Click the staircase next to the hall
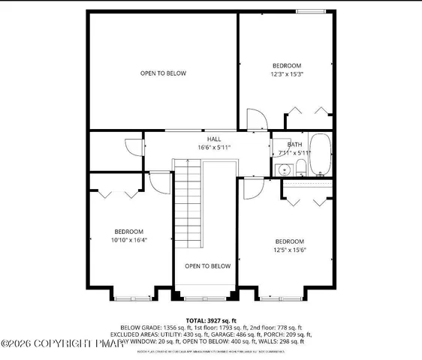pyautogui.click(x=188, y=206)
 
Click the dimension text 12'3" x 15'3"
pyautogui.click(x=287, y=74)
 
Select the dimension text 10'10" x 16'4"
pyautogui.click(x=129, y=240)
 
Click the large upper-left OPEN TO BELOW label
pyautogui.click(x=163, y=73)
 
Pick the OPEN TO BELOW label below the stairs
pyautogui.click(x=207, y=265)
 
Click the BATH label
pyautogui.click(x=295, y=144)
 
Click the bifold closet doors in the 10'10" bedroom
pyautogui.click(x=115, y=193)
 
